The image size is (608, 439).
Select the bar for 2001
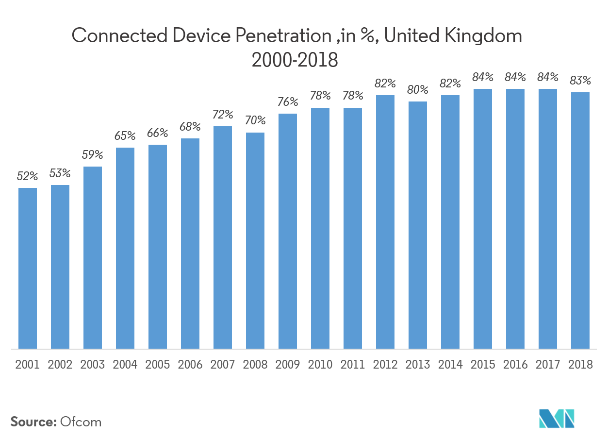pos(28,268)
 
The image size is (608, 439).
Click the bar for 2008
pos(255,240)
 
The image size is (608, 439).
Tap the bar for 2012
pos(385,222)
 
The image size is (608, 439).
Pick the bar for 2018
pos(580,220)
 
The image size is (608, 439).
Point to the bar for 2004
pos(125,248)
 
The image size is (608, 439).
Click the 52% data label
pos(28,177)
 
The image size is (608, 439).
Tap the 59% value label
pos(93,155)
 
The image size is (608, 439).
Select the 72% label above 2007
pos(223,115)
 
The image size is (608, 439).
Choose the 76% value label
pos(288,102)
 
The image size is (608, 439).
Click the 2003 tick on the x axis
pos(93,365)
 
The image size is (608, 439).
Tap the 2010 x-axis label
pos(320,365)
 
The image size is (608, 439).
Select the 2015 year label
pos(483,365)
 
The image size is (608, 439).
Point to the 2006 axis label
pos(190,365)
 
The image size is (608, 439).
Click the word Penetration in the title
pos(275,36)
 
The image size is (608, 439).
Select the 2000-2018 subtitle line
pos(295,60)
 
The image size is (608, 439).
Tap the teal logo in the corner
pos(557,419)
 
